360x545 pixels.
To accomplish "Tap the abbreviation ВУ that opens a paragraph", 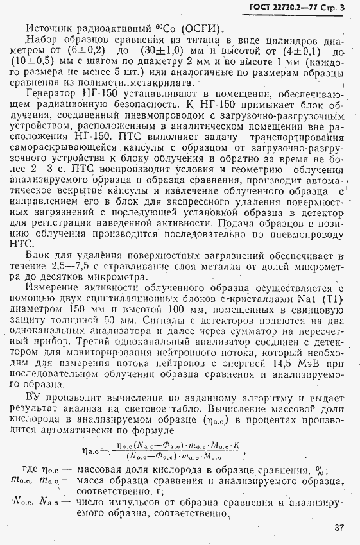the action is tap(35, 398).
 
